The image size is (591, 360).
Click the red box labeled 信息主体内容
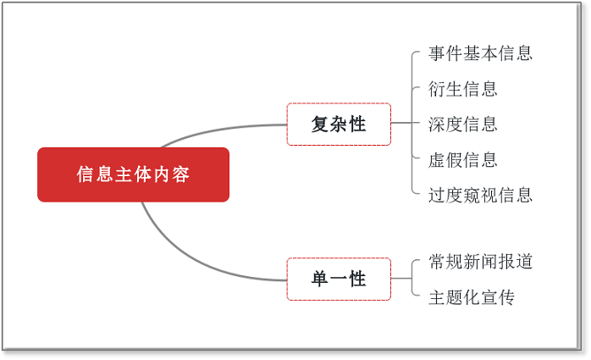[x=134, y=174]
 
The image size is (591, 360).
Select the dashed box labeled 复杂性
[x=339, y=124]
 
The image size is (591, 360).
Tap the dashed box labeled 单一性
[x=339, y=279]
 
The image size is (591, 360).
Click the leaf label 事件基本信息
[x=480, y=53]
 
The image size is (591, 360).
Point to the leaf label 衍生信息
[x=463, y=89]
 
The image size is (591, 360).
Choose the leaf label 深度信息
[x=463, y=125]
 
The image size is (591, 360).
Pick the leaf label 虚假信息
[x=463, y=160]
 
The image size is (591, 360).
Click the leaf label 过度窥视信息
[x=480, y=196]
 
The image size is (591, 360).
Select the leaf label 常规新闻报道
[x=480, y=261]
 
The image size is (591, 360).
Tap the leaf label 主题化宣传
[x=472, y=297]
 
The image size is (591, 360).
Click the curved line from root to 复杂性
[x=218, y=130]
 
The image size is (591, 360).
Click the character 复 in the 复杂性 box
[x=319, y=124]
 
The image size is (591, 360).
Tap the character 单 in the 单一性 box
[x=319, y=279]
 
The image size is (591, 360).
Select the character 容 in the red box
[x=181, y=174]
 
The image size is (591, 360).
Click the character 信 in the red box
[x=86, y=174]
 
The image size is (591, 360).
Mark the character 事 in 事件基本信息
[x=437, y=53]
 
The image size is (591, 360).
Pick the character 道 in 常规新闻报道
[x=524, y=261]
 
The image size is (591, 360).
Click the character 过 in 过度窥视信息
[x=437, y=196]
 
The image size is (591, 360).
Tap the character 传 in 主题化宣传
[x=506, y=297]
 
